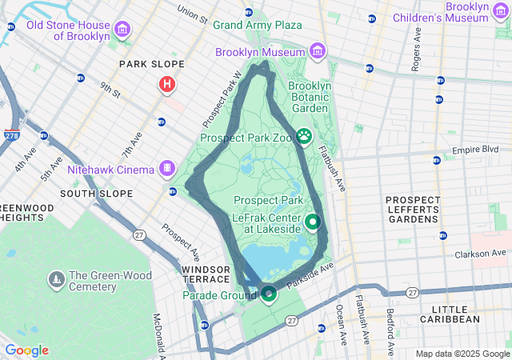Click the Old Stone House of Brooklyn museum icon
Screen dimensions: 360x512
pos(122,30)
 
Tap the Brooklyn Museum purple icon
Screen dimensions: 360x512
pos(318,52)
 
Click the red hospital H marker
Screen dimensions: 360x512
pos(166,83)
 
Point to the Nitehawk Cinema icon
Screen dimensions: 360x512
pos(166,169)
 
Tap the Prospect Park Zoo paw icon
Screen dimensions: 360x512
pos(304,137)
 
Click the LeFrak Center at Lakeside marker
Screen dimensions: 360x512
pos(313,222)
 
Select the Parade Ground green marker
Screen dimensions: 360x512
pos(268,295)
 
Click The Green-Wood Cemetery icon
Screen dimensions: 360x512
pos(57,278)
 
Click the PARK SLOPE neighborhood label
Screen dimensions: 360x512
pos(151,64)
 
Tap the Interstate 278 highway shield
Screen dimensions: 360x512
pos(12,137)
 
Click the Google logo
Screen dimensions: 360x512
pos(26,350)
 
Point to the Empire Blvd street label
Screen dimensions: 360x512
pos(475,150)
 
